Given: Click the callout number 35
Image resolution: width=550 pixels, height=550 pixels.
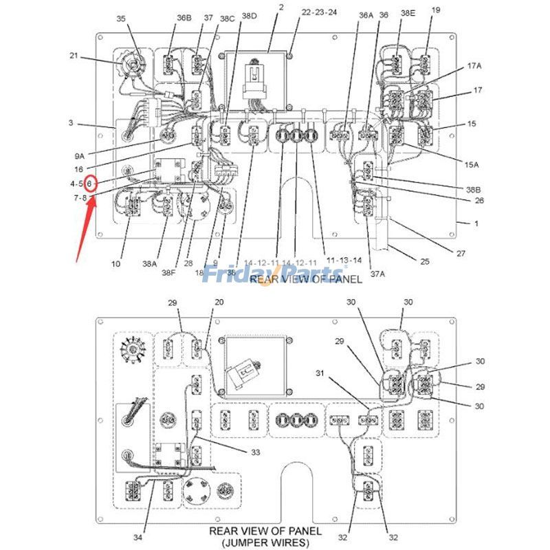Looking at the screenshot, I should (x=121, y=19).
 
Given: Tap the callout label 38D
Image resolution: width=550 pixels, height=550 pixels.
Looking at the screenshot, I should (x=249, y=15).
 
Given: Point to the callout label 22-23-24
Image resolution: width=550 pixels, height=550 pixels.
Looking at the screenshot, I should (x=320, y=12).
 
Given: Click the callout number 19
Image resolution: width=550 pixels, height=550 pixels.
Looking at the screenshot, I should (x=436, y=10).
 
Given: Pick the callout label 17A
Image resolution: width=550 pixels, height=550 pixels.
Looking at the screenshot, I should (x=474, y=65).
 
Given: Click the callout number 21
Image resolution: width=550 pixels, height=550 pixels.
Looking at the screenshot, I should (x=74, y=55).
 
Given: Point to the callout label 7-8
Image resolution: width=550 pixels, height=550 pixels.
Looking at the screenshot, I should (x=80, y=198).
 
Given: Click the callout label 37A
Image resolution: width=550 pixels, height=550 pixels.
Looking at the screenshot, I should (x=377, y=274).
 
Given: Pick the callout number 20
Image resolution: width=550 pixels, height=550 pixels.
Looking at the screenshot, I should (x=219, y=302).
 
